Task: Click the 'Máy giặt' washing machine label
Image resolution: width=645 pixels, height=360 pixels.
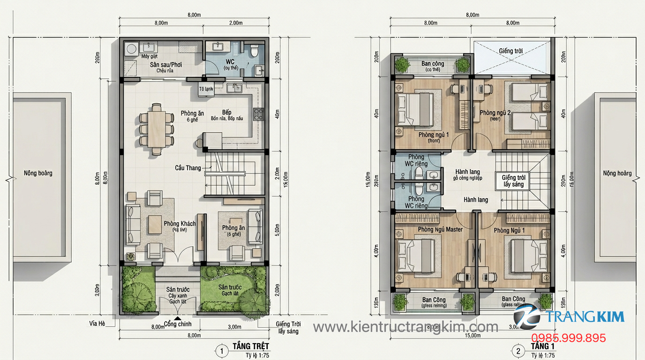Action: pos(150,56)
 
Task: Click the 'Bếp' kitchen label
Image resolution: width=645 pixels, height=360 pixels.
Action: pos(227,112)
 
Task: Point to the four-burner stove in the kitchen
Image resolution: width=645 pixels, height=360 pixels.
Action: pos(258,114)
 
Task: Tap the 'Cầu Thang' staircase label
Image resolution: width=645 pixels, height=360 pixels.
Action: pos(188,168)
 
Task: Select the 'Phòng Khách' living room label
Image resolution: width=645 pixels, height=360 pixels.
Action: pos(180,224)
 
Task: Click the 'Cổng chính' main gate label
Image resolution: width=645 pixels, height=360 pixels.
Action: pos(177,324)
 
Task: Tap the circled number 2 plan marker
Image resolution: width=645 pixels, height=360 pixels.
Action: pos(517,351)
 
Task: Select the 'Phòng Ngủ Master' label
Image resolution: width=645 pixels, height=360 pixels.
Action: pos(440,229)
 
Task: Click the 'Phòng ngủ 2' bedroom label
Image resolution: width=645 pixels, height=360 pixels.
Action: pos(495,112)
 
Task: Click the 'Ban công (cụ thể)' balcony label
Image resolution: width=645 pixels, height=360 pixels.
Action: pos(432,66)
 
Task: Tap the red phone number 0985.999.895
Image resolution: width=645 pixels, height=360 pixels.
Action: pos(568,338)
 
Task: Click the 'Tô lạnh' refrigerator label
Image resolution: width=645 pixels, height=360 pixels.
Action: pos(206,89)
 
